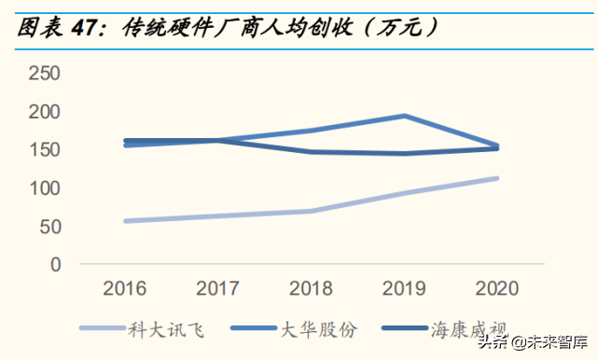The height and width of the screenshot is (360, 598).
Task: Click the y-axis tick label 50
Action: pyautogui.click(x=49, y=227)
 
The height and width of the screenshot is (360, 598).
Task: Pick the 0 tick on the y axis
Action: pyautogui.click(x=55, y=265)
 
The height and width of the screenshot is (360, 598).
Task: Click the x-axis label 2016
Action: pyautogui.click(x=125, y=287)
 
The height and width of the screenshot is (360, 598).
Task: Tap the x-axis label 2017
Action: pyautogui.click(x=217, y=287)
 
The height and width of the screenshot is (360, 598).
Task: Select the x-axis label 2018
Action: pyautogui.click(x=311, y=287)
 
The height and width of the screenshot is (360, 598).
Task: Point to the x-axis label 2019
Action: pyautogui.click(x=404, y=287)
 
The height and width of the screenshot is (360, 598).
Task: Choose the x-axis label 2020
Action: pyautogui.click(x=497, y=287)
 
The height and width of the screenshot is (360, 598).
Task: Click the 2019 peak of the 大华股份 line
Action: pyautogui.click(x=404, y=117)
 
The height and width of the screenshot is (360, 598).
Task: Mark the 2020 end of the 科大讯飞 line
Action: pyautogui.click(x=496, y=178)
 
